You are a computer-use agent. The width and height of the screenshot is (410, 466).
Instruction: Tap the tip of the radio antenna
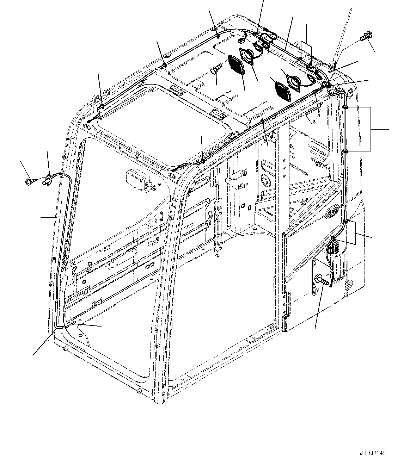[351, 9]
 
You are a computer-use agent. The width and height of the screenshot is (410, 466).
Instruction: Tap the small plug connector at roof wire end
[241, 41]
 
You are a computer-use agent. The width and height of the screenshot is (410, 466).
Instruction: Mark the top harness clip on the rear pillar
[345, 106]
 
